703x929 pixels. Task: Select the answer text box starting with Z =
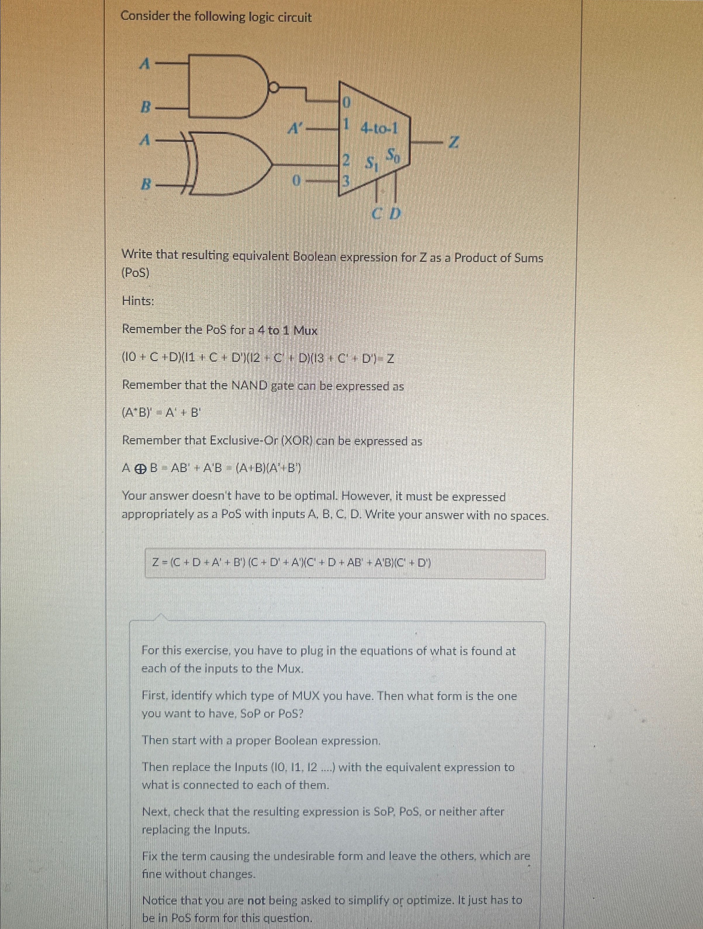tap(345, 564)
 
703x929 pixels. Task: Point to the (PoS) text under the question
tap(135, 273)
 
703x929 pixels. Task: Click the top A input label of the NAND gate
tap(145, 64)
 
